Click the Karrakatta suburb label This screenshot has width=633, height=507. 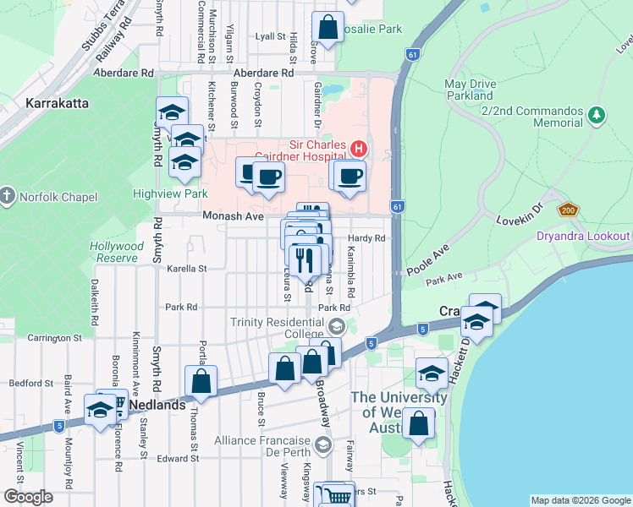[58, 103]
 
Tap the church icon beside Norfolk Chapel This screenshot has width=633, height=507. [8, 196]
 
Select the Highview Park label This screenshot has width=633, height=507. [158, 193]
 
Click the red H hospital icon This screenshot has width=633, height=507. [358, 149]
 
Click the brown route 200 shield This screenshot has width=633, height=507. [566, 210]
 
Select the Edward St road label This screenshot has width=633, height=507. [179, 459]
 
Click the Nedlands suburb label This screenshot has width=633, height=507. [157, 405]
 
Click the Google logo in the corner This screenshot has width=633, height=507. [27, 497]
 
